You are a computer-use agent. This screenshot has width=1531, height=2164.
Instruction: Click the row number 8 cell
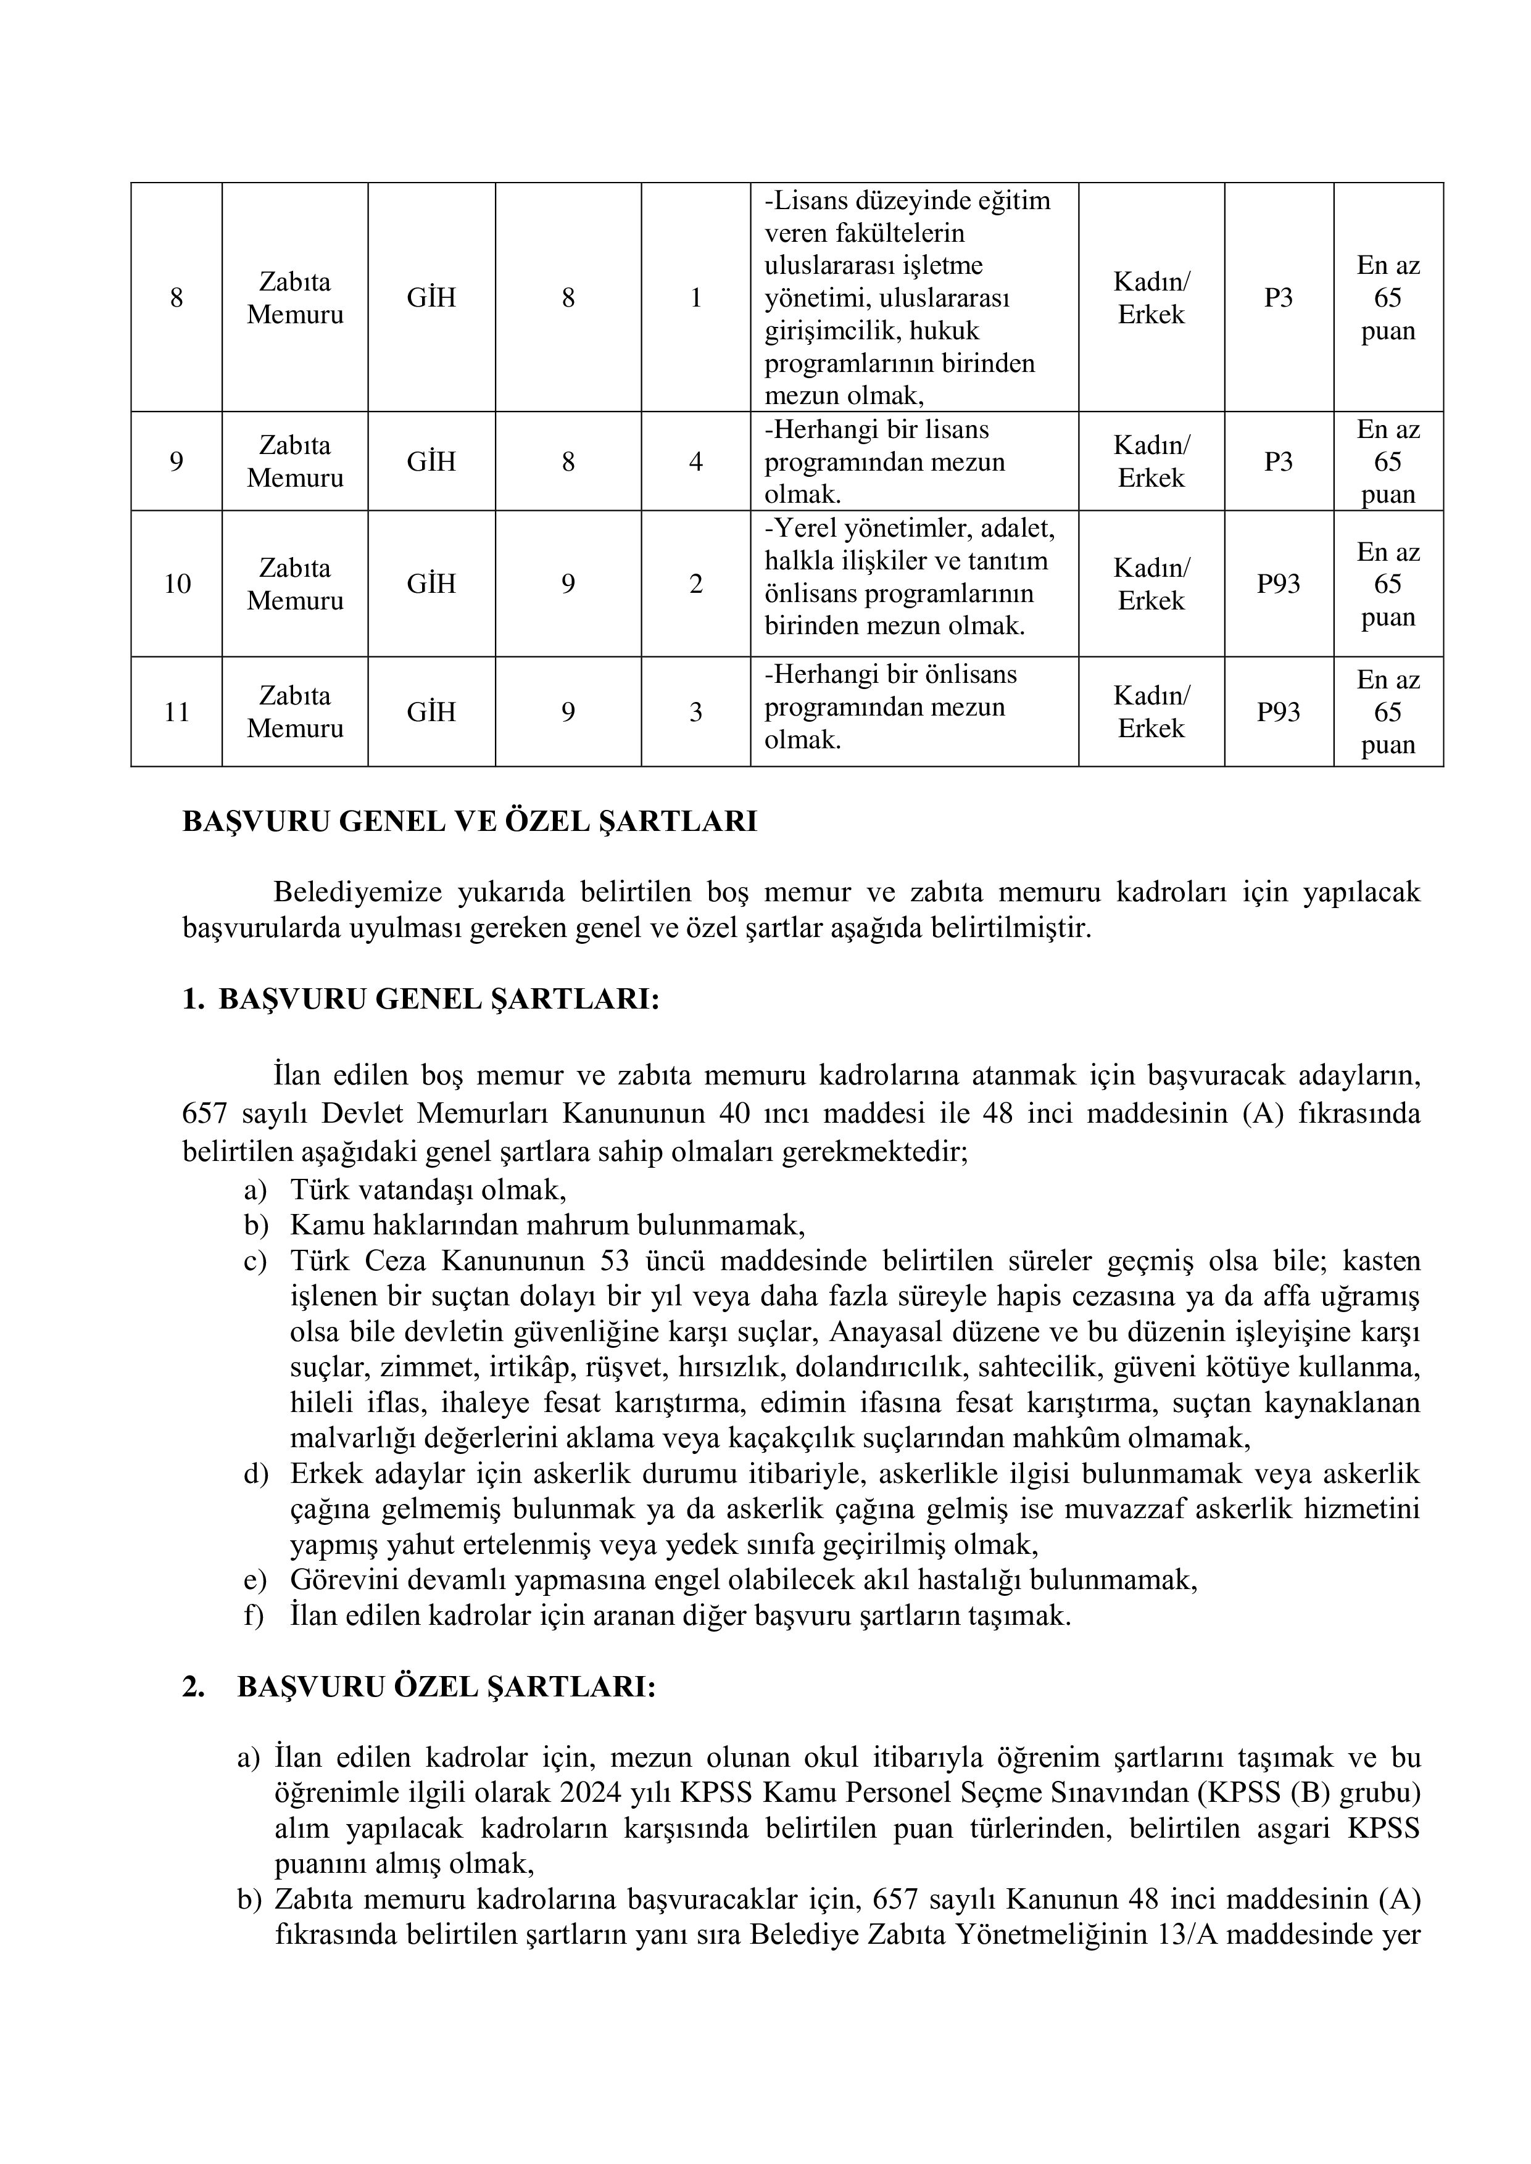coord(176,298)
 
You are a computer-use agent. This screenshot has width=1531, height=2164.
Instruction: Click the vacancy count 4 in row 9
coord(695,462)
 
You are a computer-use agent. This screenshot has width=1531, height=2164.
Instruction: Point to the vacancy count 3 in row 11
coord(695,712)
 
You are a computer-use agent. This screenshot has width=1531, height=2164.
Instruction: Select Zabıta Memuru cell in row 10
coord(294,584)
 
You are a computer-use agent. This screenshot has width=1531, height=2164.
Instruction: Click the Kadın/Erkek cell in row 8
coord(1150,298)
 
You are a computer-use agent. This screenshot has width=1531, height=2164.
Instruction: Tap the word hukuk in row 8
coord(944,331)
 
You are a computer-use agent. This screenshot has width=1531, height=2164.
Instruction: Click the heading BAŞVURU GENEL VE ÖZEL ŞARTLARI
coord(470,822)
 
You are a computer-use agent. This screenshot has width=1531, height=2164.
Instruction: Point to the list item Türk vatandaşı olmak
coord(428,1191)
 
